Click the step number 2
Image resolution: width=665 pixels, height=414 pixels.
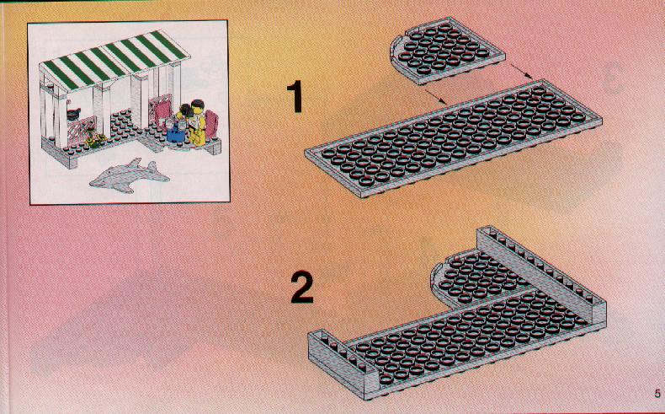301,288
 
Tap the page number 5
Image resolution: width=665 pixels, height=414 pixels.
657,393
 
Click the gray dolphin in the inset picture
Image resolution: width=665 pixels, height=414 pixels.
130,175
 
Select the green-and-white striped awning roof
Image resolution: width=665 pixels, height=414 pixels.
114,60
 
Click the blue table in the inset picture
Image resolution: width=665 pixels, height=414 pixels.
175,135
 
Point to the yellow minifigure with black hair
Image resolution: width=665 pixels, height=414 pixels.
196,122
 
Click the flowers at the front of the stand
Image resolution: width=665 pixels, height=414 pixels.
97,141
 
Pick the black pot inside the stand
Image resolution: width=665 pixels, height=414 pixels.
73,114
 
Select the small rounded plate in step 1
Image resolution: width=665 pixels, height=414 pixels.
447,51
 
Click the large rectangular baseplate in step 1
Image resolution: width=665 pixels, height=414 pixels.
453,138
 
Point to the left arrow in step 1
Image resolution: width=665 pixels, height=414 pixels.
435,96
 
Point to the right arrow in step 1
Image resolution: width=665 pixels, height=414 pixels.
522,72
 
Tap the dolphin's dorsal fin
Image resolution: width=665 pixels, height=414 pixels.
135,163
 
